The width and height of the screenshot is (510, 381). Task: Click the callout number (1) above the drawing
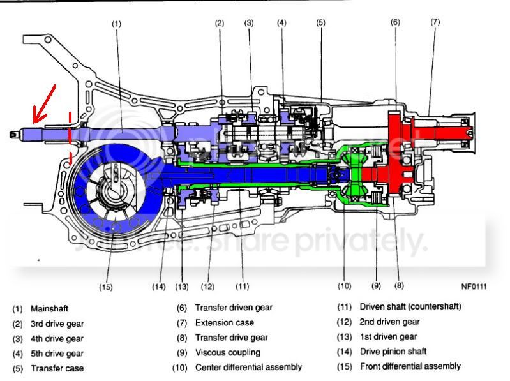point(116,24)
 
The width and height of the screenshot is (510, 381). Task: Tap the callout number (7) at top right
point(435,22)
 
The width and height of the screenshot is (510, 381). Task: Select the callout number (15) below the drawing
point(106,287)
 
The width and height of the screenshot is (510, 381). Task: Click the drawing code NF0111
point(473,287)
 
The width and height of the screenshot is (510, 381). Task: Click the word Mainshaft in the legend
point(49,308)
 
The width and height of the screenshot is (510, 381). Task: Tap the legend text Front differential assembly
point(410,366)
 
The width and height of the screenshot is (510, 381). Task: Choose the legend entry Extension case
point(224,322)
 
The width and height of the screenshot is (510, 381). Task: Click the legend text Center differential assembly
point(248,367)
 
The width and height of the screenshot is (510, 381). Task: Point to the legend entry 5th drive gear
point(57,353)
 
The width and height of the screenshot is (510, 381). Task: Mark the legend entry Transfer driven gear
point(234,308)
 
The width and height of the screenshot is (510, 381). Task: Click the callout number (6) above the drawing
point(395,22)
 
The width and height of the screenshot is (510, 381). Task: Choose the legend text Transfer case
point(57,368)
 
